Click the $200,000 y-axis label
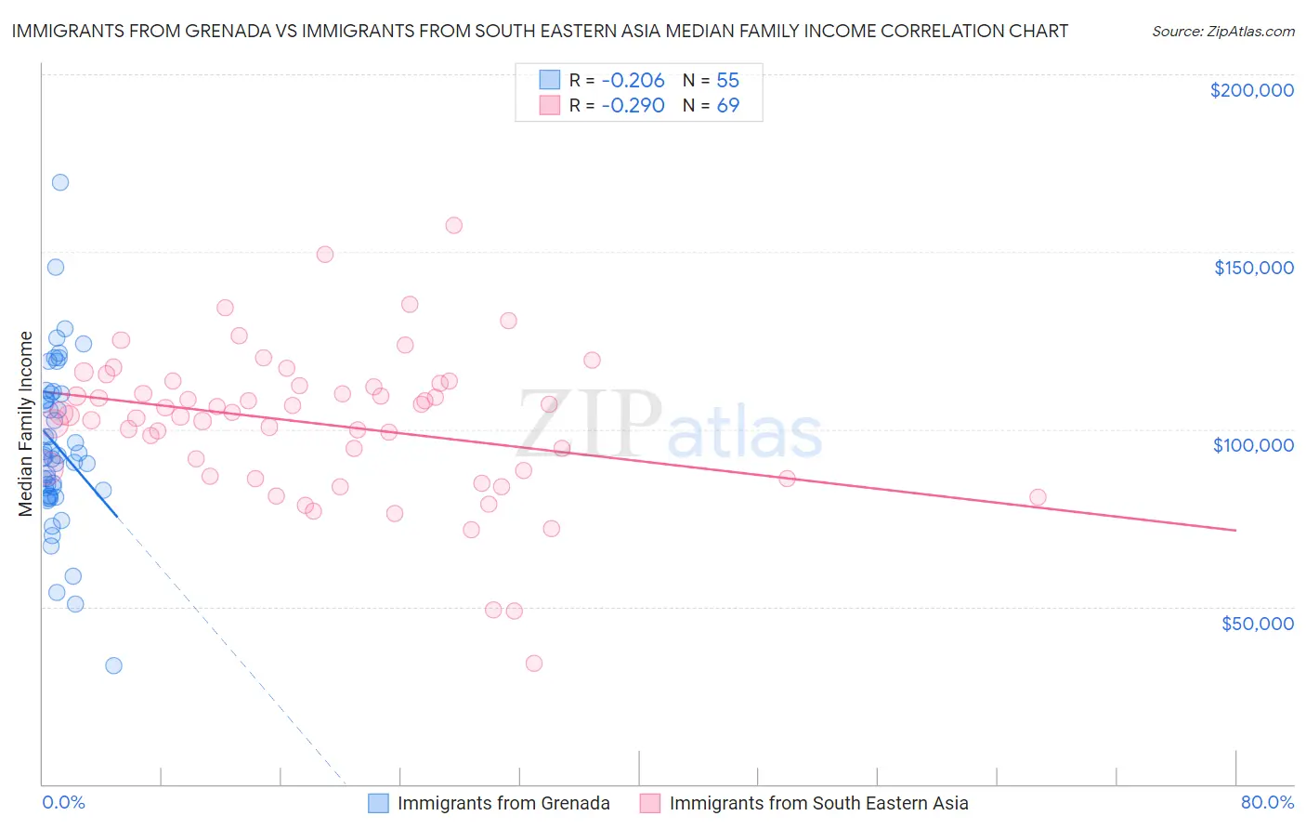[1251, 90]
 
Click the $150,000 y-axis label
[1253, 268]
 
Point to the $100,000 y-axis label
[1253, 445]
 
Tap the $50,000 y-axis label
[1257, 623]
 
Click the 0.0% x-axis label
[63, 802]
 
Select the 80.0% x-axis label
[1267, 802]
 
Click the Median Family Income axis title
[26, 424]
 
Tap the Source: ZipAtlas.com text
[1222, 31]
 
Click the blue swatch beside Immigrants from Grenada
[378, 803]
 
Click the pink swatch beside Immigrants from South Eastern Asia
[650, 803]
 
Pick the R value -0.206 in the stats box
[633, 80]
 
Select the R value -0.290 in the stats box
[633, 105]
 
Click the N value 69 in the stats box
[727, 105]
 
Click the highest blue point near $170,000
[60, 182]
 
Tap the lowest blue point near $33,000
[113, 665]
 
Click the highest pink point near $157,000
[453, 225]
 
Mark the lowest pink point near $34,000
[533, 663]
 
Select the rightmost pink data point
[1038, 497]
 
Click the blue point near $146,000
[56, 267]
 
